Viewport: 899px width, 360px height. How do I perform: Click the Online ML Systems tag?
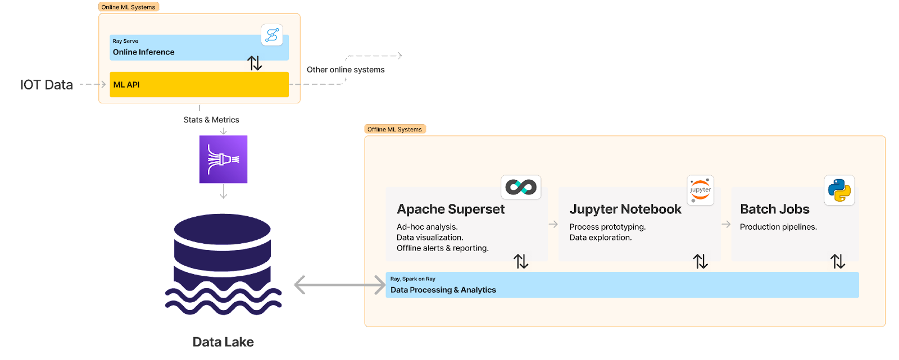click(x=129, y=7)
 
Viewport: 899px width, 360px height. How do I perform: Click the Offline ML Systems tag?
click(x=395, y=129)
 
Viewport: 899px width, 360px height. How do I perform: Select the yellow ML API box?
click(x=199, y=84)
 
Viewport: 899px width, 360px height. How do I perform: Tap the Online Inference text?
click(x=144, y=52)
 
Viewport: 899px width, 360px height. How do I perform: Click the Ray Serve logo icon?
click(x=272, y=35)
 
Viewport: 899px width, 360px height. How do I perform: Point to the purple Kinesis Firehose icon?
click(x=223, y=160)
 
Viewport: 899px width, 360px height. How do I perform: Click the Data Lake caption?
click(x=223, y=342)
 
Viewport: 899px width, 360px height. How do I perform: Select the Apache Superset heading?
click(x=451, y=209)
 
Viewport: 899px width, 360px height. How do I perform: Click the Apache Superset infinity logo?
click(x=521, y=187)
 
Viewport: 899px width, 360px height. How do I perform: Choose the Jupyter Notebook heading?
click(x=625, y=209)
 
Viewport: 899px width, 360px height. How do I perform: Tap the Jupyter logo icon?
click(x=700, y=190)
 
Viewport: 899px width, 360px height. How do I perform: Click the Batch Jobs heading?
click(x=774, y=209)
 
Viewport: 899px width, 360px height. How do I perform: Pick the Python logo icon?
click(x=839, y=190)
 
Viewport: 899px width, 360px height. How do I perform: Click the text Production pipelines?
click(x=778, y=227)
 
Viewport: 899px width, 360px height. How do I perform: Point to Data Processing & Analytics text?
click(x=443, y=290)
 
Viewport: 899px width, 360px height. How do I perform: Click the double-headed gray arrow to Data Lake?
click(x=339, y=285)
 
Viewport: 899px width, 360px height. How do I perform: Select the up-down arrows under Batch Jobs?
click(x=838, y=261)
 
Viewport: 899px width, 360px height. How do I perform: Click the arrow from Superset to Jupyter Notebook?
click(x=553, y=224)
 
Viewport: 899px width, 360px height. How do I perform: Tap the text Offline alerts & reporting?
click(x=443, y=248)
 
